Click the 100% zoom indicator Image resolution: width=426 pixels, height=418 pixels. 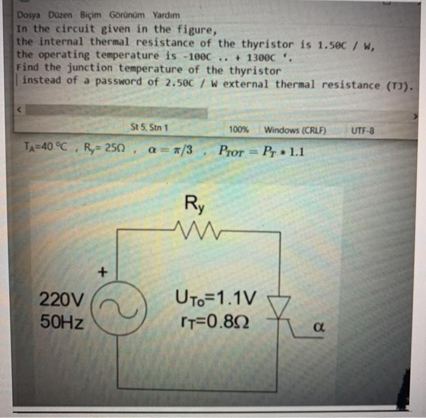tap(239, 130)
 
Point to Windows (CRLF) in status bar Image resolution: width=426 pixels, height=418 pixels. tap(295, 130)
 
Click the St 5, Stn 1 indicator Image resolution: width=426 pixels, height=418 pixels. tap(149, 128)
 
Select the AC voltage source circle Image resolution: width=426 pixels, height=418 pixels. tap(119, 310)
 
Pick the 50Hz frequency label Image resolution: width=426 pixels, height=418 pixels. tap(61, 321)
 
